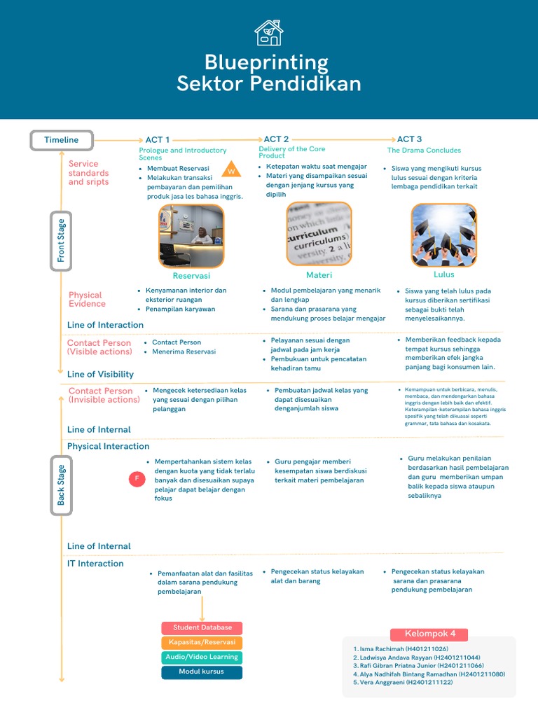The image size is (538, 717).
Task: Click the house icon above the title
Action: click(268, 33)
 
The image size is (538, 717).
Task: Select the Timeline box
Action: click(62, 140)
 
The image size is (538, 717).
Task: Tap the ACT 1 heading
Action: click(157, 140)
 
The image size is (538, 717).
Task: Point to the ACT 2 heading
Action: click(276, 139)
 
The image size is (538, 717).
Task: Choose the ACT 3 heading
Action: click(409, 139)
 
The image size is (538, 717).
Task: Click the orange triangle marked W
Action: click(230, 171)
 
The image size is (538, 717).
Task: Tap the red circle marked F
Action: click(137, 480)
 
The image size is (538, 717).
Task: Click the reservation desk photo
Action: click(191, 236)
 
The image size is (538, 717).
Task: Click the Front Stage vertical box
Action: click(62, 242)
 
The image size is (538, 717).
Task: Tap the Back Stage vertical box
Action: click(62, 485)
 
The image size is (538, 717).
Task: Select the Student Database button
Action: click(202, 627)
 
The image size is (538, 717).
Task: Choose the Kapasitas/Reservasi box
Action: click(202, 642)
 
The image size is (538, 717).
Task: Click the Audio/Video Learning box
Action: click(202, 657)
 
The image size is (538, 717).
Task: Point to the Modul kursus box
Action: click(202, 672)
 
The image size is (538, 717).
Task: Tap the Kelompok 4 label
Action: click(430, 634)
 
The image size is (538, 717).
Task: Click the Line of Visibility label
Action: click(100, 375)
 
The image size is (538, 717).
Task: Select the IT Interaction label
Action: click(95, 564)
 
